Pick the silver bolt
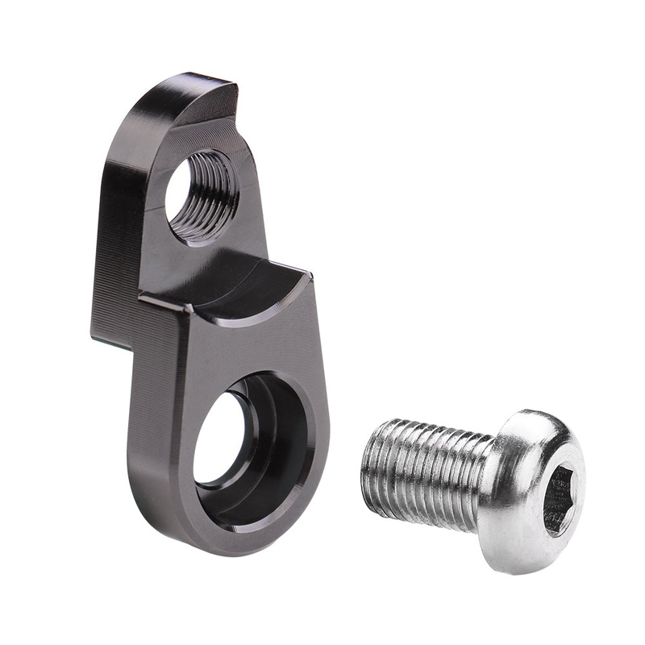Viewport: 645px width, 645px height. [x=476, y=484]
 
